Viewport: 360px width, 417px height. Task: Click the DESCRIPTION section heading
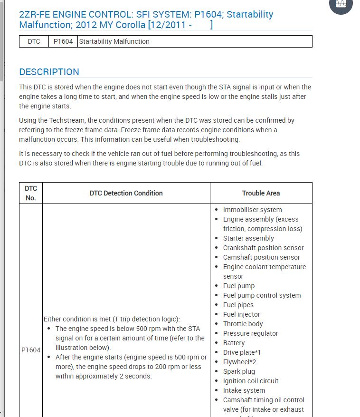pos(49,72)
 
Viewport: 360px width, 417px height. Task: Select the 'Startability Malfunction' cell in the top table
pos(114,41)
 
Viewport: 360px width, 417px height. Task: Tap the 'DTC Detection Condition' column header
pos(126,193)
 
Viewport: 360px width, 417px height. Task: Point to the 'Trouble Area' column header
pos(261,193)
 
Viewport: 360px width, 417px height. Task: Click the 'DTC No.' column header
pos(31,193)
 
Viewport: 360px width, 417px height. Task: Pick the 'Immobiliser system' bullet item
pos(252,210)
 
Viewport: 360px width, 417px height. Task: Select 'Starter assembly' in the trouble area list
pos(248,238)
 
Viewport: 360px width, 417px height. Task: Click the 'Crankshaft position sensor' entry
pos(263,248)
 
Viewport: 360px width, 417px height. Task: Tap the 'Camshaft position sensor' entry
pos(261,257)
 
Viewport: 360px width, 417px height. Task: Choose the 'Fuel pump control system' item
pos(262,295)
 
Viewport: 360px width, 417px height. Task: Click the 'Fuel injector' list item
pos(241,314)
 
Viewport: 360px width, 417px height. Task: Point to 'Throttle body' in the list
pos(243,324)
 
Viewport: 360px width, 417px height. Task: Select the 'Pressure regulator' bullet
pos(250,333)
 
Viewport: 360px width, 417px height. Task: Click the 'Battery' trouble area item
pos(234,343)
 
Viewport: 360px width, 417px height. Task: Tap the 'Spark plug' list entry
pos(239,371)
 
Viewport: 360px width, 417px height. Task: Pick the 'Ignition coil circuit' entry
pos(250,381)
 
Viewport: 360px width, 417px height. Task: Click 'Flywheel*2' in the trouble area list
pos(239,362)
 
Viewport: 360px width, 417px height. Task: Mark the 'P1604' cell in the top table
pos(63,41)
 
